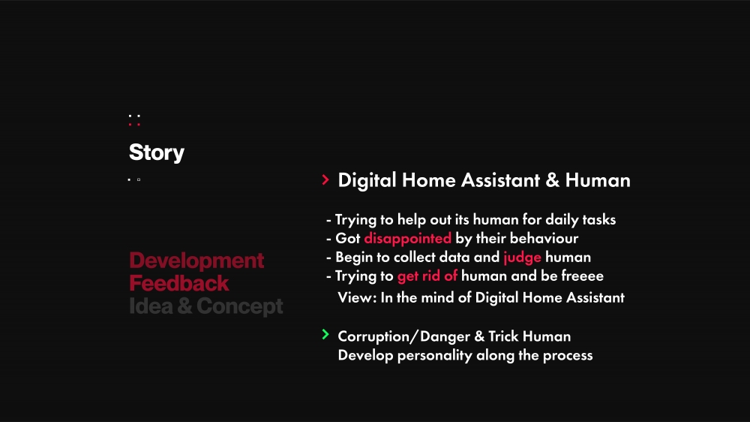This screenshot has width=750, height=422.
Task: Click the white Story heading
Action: pos(157,152)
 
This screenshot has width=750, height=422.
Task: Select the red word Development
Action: pos(196,261)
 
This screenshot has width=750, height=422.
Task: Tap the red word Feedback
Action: pos(179,283)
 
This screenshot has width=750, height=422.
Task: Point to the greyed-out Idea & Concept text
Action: pos(206,306)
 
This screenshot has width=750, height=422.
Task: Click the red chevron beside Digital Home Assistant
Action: pos(325,179)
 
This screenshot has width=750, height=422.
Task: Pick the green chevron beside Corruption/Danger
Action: pos(325,334)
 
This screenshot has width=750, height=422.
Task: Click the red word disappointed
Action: pos(407,239)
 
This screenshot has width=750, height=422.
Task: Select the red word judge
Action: pos(522,258)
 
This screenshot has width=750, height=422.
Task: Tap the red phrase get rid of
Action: pos(427,276)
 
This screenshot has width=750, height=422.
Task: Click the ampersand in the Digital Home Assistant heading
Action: pos(553,180)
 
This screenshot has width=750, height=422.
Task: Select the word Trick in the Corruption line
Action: pos(503,336)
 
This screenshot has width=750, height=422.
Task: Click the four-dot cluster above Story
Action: pos(134,119)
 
